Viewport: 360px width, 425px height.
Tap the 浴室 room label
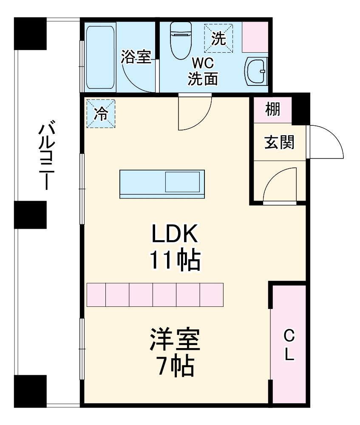[136, 57]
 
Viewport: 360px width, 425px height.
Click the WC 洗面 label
[203, 72]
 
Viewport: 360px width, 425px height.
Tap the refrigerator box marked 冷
[101, 113]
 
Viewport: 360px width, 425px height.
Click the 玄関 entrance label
[279, 142]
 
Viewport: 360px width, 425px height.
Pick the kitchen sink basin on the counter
[182, 182]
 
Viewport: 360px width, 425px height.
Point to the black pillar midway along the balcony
[30, 215]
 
